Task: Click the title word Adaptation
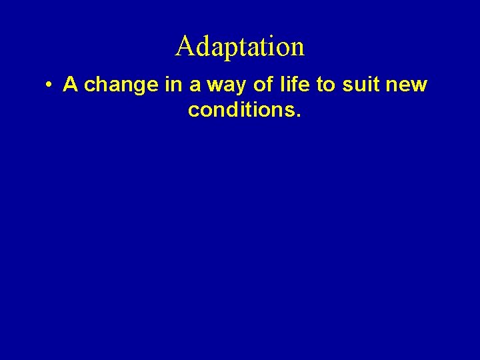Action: (x=240, y=47)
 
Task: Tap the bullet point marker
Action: (x=49, y=86)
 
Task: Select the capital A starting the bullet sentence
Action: (x=71, y=85)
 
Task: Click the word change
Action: (x=118, y=86)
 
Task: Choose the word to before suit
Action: (x=325, y=85)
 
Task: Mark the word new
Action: (x=408, y=86)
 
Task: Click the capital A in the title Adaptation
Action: (x=184, y=47)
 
